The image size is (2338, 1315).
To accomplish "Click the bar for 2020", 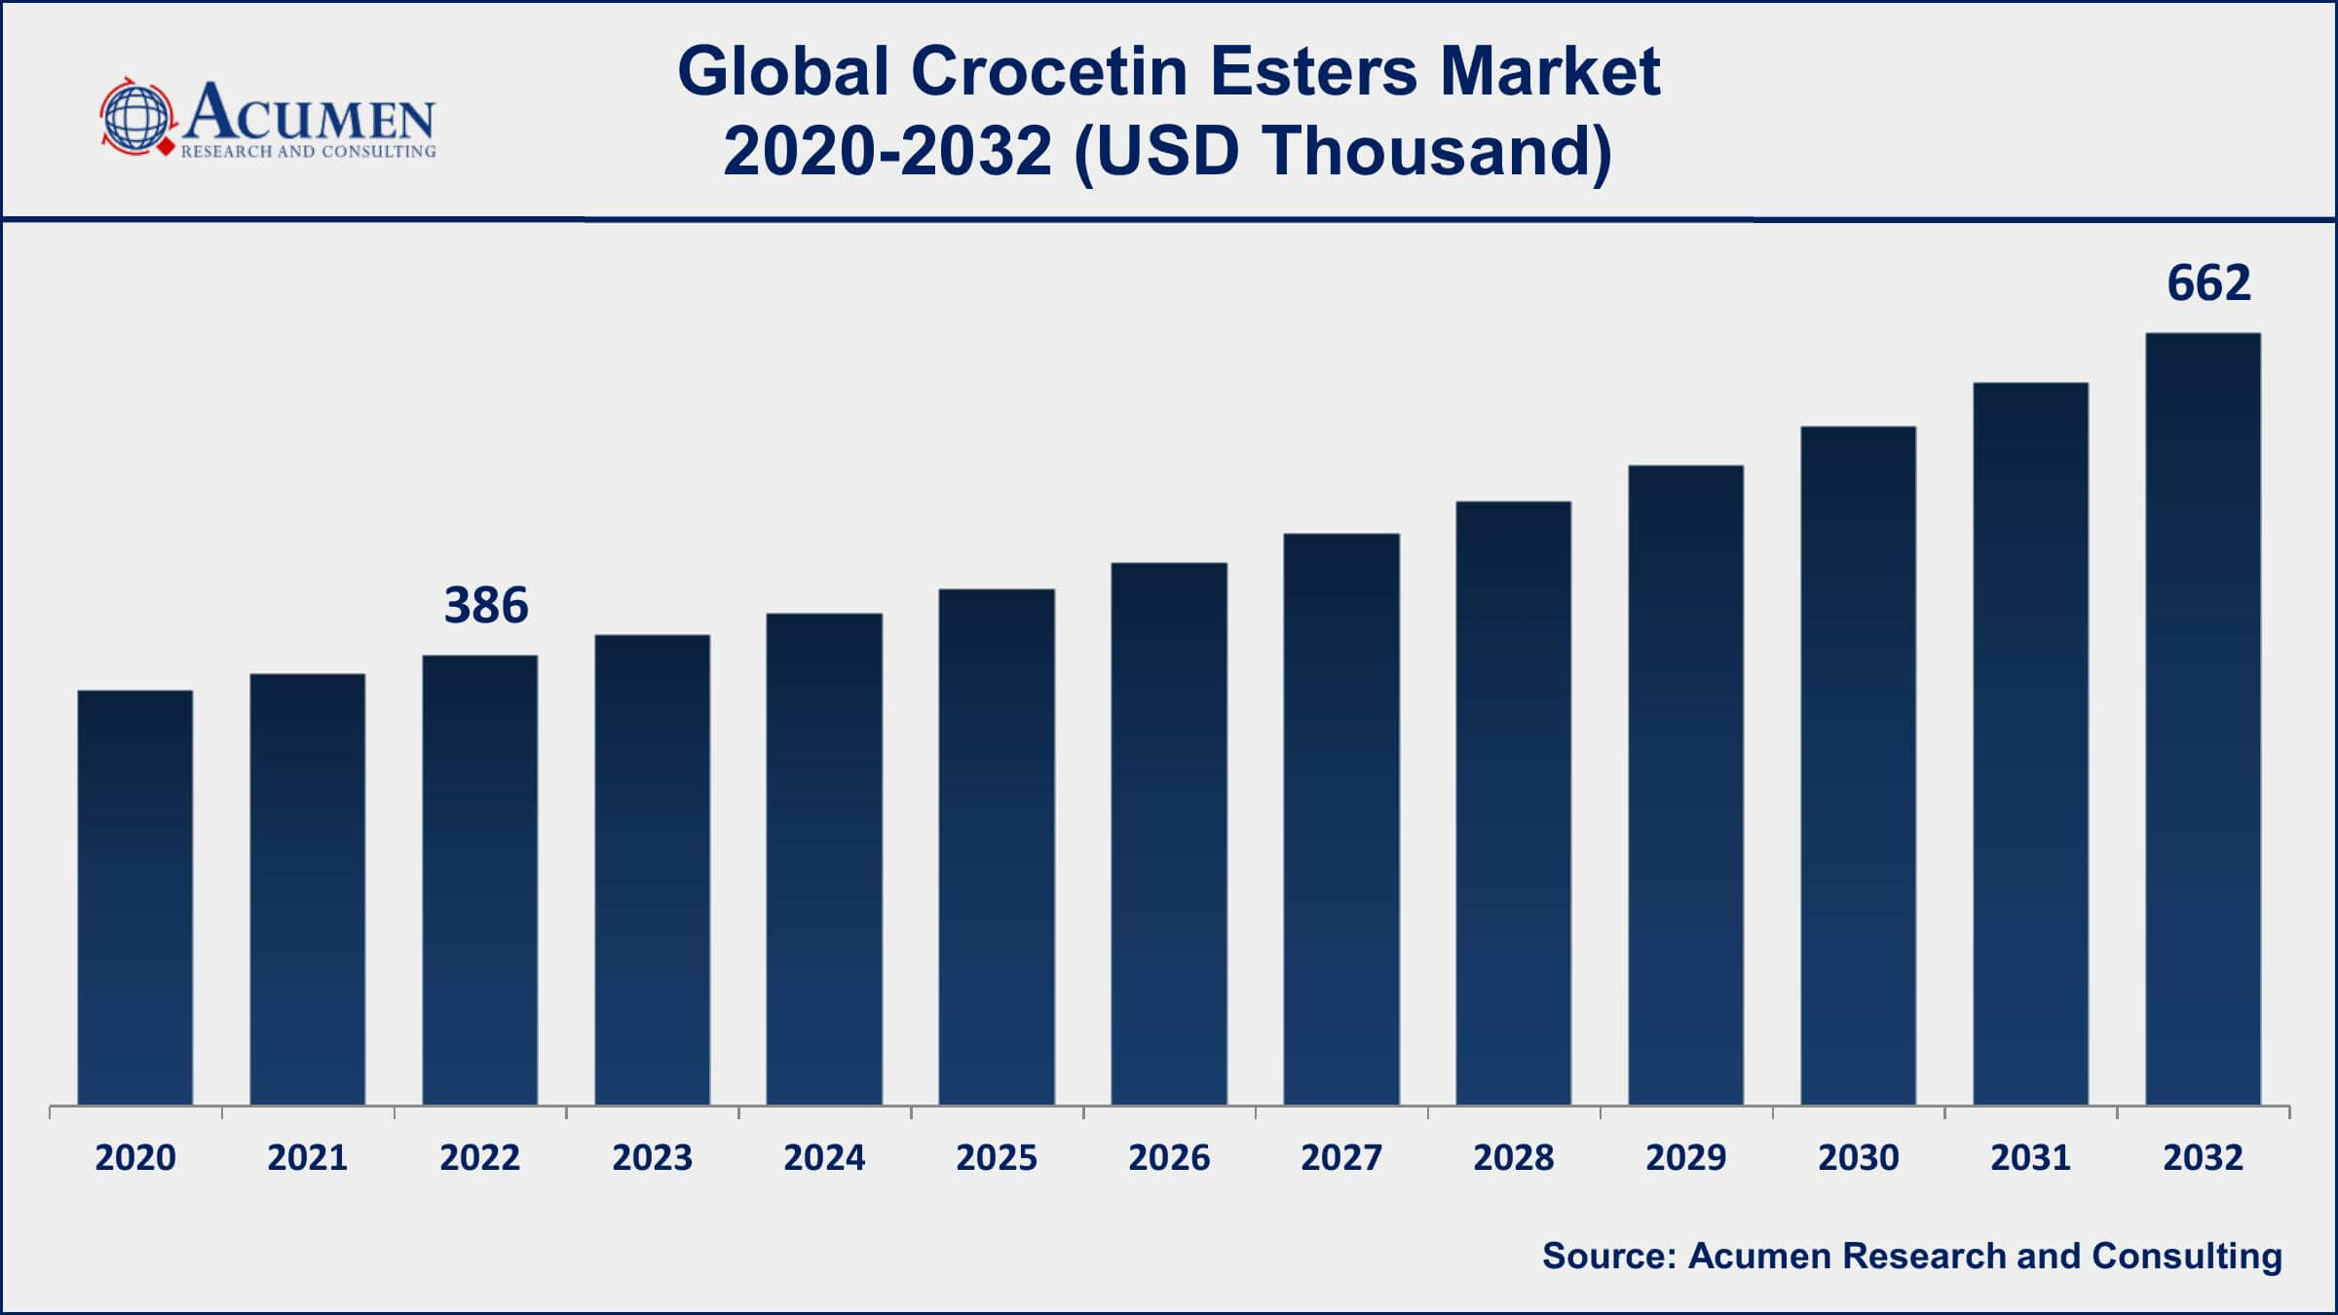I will (135, 896).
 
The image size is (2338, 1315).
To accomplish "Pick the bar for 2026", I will (1169, 833).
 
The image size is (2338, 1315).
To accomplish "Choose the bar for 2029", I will (1685, 784).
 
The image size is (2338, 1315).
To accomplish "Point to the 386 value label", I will (486, 605).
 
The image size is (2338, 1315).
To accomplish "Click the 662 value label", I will (2208, 283).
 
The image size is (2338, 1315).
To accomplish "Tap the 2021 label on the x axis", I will (307, 1157).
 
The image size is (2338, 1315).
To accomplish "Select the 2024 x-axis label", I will (824, 1157).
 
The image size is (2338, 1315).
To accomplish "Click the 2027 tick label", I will (1341, 1157).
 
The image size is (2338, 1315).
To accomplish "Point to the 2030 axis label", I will (1858, 1157).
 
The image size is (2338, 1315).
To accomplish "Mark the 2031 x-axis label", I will (2030, 1157).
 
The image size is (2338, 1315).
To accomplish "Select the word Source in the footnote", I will (1607, 1257).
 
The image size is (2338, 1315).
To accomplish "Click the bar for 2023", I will (652, 869).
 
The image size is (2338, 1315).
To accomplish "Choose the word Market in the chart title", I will (1550, 72).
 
